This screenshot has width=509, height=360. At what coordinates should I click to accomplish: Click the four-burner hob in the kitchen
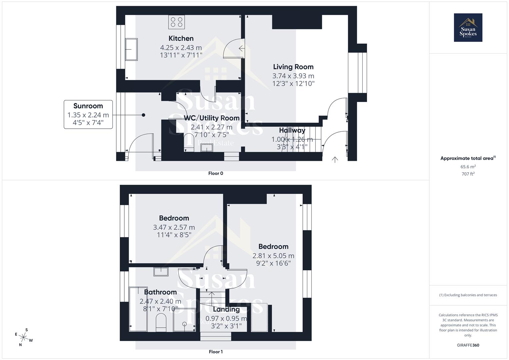tap(177, 22)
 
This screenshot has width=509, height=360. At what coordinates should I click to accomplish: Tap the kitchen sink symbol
tap(131, 49)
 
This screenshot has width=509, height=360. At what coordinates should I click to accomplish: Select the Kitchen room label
tap(181, 38)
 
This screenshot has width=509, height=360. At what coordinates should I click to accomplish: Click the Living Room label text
tap(293, 67)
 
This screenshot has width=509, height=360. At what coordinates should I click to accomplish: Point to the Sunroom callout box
tap(88, 114)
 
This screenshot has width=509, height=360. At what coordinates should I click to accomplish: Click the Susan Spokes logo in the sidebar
tap(468, 28)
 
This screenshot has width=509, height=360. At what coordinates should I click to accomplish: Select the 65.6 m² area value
tap(468, 167)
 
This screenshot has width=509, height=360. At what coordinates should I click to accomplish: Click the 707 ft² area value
tap(468, 174)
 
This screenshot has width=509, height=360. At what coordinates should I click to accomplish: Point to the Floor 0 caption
tap(216, 173)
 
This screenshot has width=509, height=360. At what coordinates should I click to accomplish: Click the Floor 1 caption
tap(216, 352)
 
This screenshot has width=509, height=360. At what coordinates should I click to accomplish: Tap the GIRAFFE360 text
tap(468, 345)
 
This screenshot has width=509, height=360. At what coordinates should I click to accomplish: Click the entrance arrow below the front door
tap(335, 160)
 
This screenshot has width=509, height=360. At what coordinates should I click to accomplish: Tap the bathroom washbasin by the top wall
tap(161, 271)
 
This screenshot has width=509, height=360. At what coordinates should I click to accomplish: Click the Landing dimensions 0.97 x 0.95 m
tap(226, 318)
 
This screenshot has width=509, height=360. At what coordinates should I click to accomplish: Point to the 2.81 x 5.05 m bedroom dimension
tap(273, 256)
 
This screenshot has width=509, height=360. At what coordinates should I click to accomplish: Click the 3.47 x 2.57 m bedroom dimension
tap(174, 227)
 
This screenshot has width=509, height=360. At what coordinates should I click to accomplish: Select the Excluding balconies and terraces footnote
tap(468, 295)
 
